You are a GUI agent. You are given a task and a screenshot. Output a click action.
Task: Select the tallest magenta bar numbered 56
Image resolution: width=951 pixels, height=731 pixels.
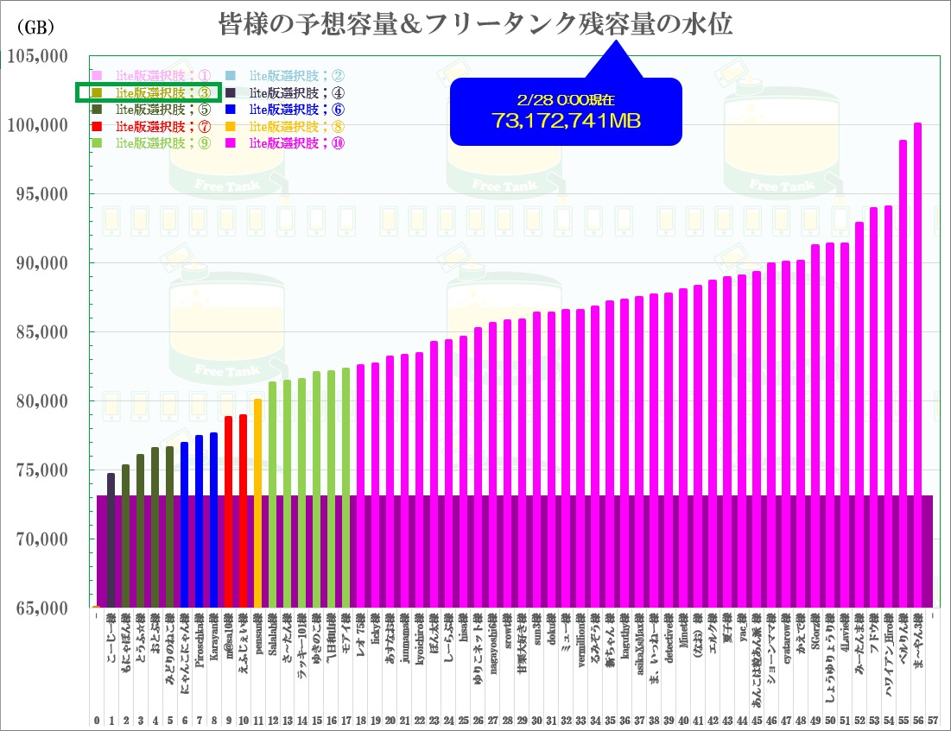917,362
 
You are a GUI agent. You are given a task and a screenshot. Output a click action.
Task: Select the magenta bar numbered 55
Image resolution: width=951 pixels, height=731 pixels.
903,371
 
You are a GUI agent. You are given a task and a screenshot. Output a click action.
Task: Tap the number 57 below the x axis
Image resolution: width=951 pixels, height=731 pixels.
932,719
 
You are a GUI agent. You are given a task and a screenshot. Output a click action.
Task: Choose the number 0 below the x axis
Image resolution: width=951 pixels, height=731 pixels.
97,719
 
